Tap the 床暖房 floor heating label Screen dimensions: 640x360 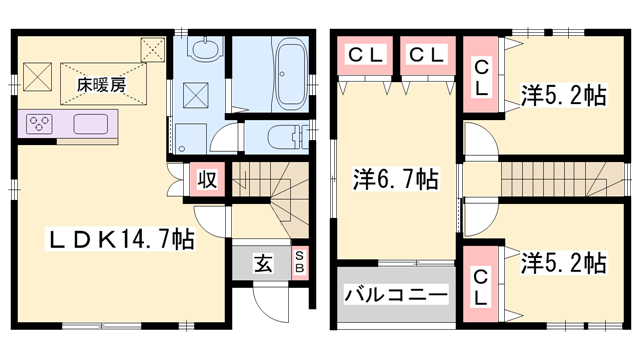(x=101, y=85)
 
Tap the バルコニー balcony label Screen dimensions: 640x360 (x=397, y=295)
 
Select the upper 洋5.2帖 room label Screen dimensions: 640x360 (x=563, y=96)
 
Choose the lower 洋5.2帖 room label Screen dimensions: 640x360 (x=563, y=263)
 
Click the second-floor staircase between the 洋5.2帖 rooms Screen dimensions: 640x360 (x=550, y=180)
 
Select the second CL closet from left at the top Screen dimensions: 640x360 (x=426, y=56)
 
